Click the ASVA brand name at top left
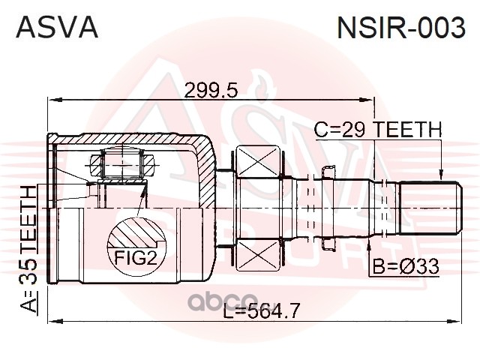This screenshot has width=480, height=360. [x=57, y=27]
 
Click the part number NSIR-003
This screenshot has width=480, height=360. [x=401, y=27]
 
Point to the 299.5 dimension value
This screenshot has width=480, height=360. [x=211, y=90]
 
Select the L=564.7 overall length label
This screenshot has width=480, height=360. [x=260, y=310]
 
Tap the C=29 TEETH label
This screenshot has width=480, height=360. [x=378, y=130]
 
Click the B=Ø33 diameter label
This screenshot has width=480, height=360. [x=406, y=266]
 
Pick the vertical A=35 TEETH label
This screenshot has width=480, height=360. [x=28, y=249]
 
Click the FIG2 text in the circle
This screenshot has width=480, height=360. [x=136, y=258]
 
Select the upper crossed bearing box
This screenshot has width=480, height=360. [x=259, y=161]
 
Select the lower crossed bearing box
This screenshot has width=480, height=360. [x=259, y=256]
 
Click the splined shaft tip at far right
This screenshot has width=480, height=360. [x=430, y=208]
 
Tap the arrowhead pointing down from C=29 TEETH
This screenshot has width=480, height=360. [x=440, y=175]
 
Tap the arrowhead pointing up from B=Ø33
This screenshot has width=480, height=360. [x=370, y=241]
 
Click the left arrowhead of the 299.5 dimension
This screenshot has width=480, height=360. [x=53, y=100]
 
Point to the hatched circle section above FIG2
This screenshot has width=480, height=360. [x=136, y=232]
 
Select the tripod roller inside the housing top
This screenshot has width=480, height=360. [x=122, y=163]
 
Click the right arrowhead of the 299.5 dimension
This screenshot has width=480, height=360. [x=367, y=100]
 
